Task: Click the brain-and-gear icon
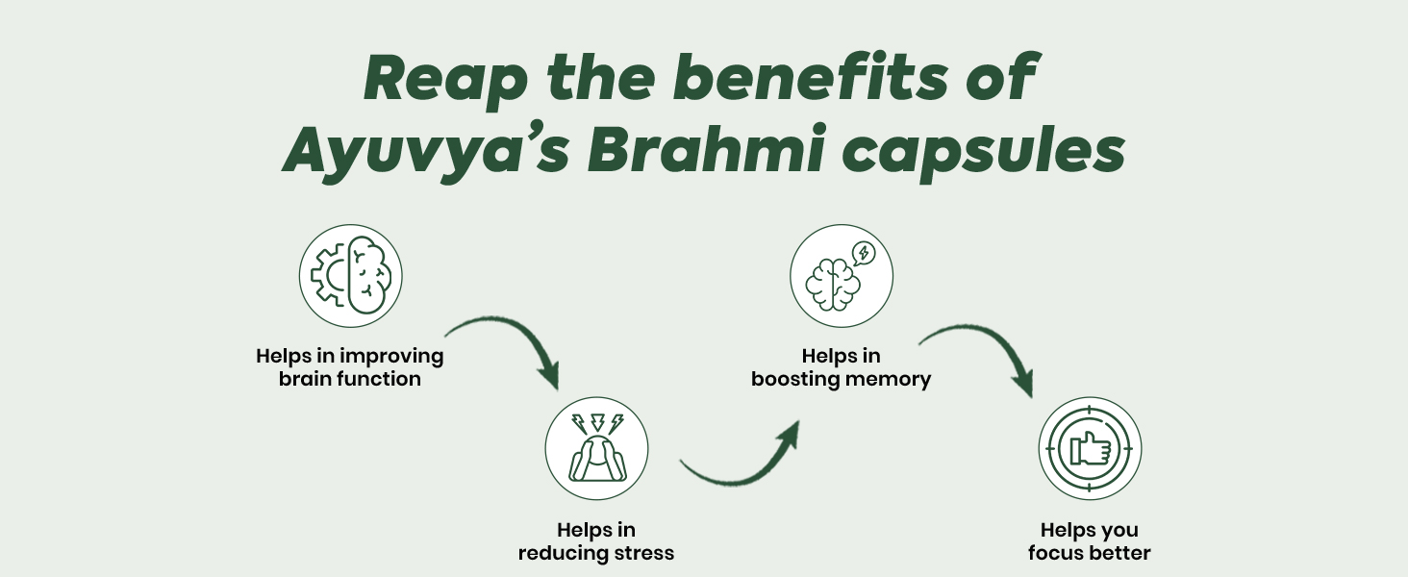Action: point(351,277)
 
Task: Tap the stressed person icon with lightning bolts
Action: point(597,448)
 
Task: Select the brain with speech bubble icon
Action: point(842,276)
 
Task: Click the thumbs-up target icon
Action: point(1090,448)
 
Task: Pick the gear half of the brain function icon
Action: point(330,277)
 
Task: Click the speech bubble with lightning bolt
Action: point(864,253)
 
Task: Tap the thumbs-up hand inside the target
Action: point(1090,448)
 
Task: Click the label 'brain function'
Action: point(350,379)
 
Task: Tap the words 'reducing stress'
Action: point(596,553)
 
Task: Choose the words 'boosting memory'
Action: point(842,379)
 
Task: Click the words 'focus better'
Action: point(1090,553)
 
